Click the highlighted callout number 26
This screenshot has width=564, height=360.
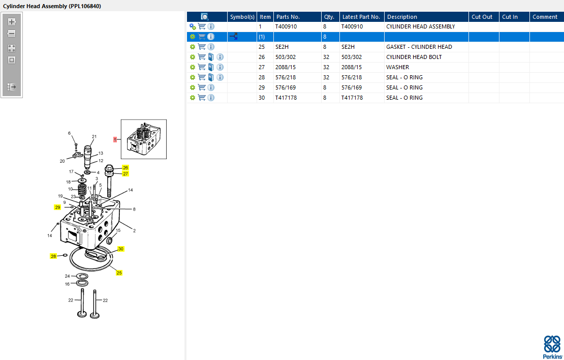(125, 168)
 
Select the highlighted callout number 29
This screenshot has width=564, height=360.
(57, 207)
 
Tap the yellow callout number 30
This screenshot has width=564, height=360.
(121, 249)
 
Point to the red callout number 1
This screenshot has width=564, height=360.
(115, 139)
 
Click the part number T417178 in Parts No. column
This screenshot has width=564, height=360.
(286, 98)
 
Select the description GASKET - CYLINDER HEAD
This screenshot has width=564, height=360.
(419, 47)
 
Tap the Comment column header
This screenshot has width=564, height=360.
(545, 17)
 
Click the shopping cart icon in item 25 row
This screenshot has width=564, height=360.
(202, 47)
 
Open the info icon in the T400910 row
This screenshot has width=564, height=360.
(211, 26)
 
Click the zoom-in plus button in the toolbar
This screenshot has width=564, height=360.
(12, 22)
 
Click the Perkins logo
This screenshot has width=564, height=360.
(552, 347)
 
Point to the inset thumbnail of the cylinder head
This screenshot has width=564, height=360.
(144, 139)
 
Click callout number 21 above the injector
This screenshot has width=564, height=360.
(94, 136)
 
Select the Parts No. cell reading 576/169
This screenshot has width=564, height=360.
(286, 87)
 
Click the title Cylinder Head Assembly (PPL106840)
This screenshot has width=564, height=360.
(52, 6)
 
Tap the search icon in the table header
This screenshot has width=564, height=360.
(205, 17)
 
